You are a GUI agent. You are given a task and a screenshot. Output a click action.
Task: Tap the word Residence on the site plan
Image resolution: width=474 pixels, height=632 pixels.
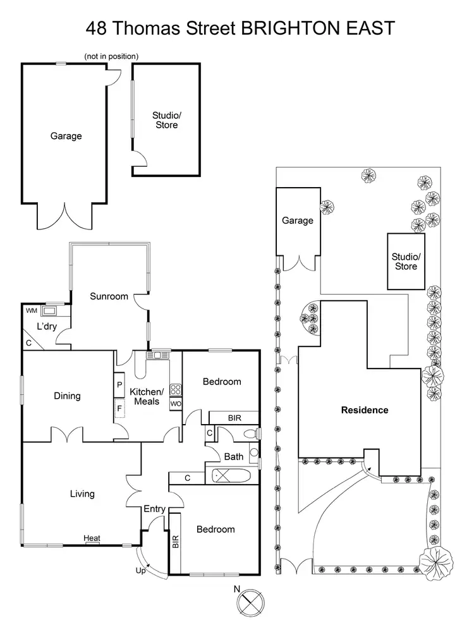(x=365, y=410)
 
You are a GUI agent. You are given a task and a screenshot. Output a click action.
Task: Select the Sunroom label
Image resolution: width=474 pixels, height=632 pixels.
(x=109, y=296)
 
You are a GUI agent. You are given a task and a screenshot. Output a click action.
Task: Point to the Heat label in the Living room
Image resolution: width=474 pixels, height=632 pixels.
(x=92, y=538)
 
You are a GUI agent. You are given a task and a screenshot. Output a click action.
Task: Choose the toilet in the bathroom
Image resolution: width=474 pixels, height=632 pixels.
(x=252, y=433)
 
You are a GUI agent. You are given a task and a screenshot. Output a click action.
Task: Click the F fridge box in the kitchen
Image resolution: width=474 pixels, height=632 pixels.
(x=118, y=408)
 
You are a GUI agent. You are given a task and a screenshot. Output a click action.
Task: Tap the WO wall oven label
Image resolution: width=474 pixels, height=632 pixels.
(x=176, y=403)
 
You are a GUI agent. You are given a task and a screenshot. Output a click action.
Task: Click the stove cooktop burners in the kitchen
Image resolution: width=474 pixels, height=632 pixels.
(x=176, y=389)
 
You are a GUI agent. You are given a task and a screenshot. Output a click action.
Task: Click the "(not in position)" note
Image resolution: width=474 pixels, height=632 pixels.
(x=111, y=56)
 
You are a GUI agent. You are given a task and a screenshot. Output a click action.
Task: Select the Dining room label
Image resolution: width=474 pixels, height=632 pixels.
(x=67, y=396)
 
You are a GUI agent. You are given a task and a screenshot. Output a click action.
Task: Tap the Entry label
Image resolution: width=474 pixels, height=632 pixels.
(x=154, y=509)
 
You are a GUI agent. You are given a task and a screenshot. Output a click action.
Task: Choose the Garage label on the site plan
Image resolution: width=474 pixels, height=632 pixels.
(x=297, y=221)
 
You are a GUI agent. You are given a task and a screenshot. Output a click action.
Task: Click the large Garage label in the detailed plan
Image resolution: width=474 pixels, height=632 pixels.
(x=66, y=136)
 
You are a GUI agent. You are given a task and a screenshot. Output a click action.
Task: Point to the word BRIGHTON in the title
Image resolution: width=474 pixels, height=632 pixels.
(x=288, y=28)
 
